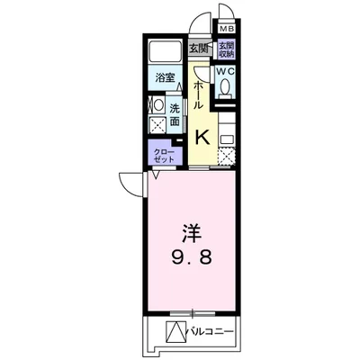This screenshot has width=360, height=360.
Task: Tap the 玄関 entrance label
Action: coord(199,49)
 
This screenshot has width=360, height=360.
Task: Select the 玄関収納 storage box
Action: coord(226,50)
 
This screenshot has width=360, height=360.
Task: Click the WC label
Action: coord(226,70)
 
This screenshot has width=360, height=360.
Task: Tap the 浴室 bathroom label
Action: coord(165,77)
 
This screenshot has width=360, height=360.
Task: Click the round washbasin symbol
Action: coord(157,103)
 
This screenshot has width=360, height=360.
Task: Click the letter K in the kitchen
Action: coord(203,137)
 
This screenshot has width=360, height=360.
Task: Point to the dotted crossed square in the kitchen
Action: coord(226,156)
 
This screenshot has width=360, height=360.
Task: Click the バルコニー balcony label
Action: coord(211,332)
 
